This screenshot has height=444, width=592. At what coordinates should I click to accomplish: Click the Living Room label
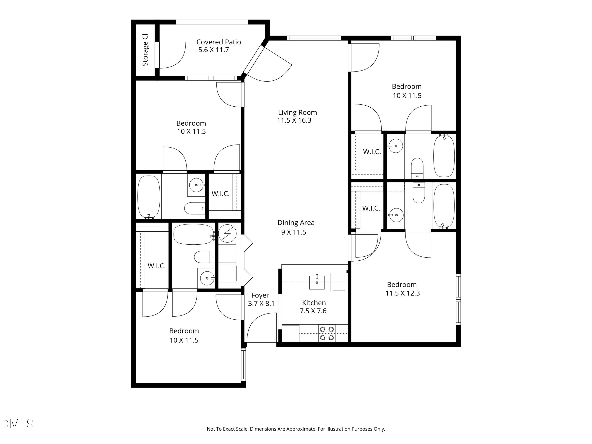297,113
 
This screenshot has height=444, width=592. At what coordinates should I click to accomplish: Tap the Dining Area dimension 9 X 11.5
294,232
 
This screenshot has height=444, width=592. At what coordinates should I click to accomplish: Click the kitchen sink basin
317,283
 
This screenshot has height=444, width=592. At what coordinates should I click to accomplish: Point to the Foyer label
260,295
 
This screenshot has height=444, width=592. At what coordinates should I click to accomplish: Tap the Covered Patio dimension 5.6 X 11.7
214,50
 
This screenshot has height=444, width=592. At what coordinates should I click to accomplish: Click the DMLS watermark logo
17,424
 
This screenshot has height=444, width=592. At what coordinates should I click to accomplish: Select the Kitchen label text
314,303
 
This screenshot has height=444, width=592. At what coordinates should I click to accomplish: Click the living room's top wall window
314,38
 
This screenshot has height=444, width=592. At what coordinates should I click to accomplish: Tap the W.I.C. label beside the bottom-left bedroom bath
156,266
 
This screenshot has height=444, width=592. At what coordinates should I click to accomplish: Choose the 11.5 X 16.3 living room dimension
294,120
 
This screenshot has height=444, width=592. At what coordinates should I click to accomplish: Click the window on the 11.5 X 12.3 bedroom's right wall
458,300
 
